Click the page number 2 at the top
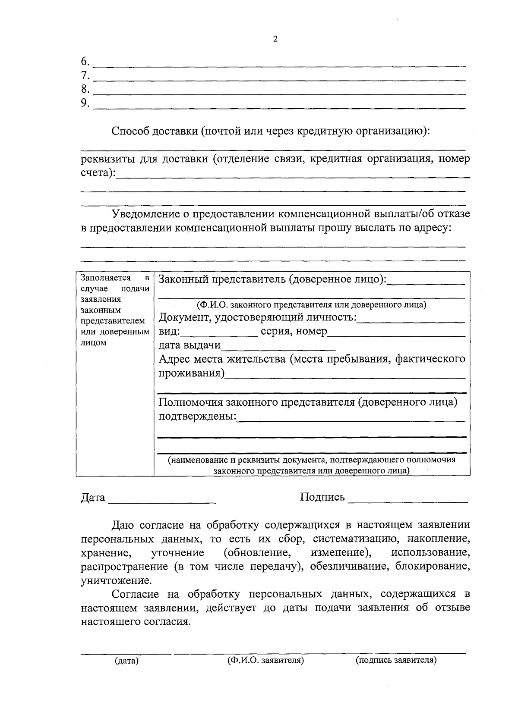coord(275,39)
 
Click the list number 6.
coord(85,61)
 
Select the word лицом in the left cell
coord(93,343)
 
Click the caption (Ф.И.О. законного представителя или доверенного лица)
coord(311,305)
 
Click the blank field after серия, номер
coord(396,334)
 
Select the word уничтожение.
coord(116,580)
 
